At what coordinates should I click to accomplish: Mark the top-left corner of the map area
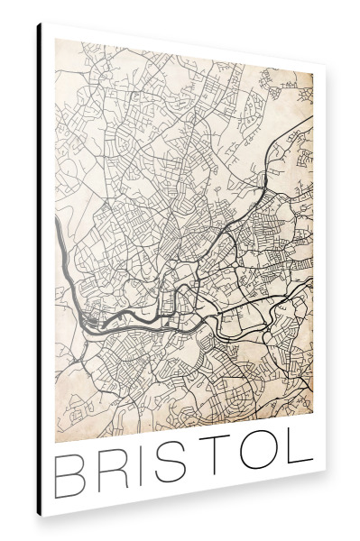(x=55, y=41)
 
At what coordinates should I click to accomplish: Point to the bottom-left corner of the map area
(x=55, y=439)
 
